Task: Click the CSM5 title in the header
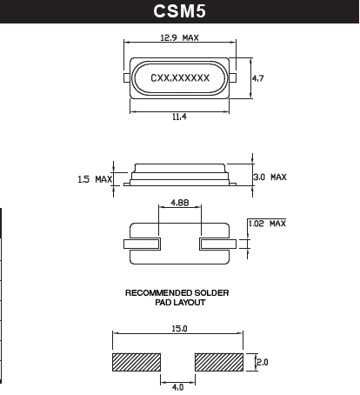click(x=179, y=12)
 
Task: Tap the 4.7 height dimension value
click(x=257, y=78)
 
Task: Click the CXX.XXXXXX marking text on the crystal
click(x=180, y=78)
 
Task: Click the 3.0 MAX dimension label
click(x=270, y=177)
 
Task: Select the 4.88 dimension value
click(x=180, y=202)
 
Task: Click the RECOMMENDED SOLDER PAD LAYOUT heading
click(x=177, y=298)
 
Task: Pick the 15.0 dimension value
click(x=179, y=330)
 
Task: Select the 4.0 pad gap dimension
click(x=178, y=385)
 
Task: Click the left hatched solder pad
click(x=137, y=361)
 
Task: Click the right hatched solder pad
click(x=218, y=361)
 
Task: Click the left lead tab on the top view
click(x=127, y=78)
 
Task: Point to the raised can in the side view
click(x=179, y=170)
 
